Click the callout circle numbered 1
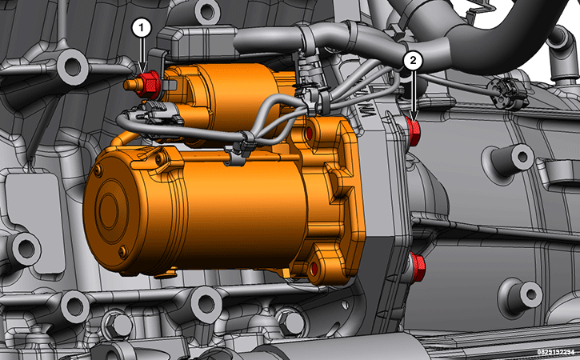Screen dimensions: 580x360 point(142,29)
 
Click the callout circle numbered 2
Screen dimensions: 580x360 point(413,60)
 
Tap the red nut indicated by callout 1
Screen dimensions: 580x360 point(149,85)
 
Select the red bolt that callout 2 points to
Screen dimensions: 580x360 point(414,131)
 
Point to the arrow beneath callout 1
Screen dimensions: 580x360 point(143,54)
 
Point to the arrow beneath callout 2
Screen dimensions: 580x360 point(414,94)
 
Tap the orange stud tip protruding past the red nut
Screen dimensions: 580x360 point(130,85)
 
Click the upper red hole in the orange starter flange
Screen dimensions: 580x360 point(309,134)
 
